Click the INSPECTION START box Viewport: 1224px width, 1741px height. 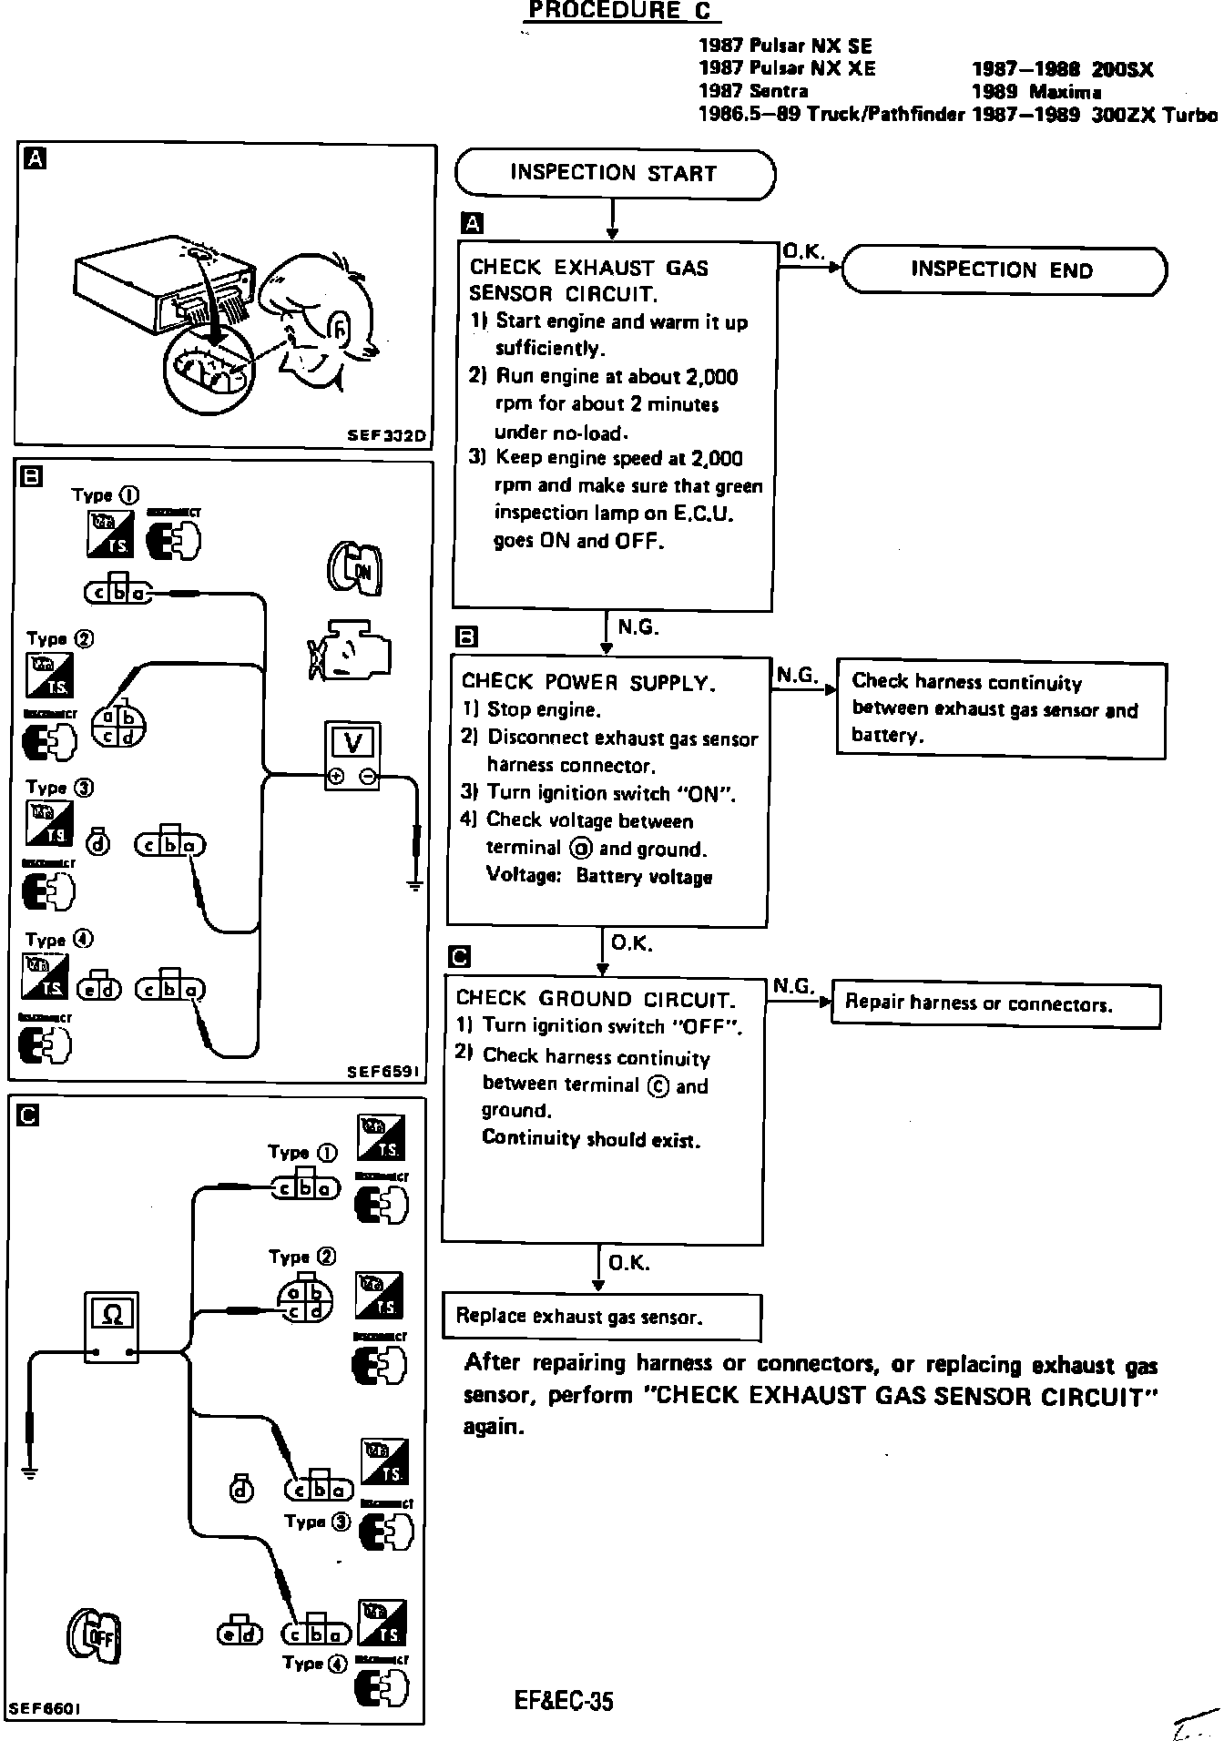pyautogui.click(x=615, y=174)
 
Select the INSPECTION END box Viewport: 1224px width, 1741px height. pyautogui.click(x=1003, y=270)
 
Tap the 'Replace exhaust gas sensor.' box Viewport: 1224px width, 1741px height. pyautogui.click(x=601, y=1316)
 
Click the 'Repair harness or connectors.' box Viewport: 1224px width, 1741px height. pyautogui.click(x=995, y=1004)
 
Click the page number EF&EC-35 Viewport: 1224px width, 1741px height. pyautogui.click(x=563, y=1700)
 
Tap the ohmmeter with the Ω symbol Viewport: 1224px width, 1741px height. pyautogui.click(x=112, y=1327)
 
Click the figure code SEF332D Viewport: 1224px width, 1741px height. pyautogui.click(x=387, y=435)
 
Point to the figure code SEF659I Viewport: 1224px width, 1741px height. pyautogui.click(x=383, y=1073)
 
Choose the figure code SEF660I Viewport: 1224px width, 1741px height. pyautogui.click(x=45, y=1709)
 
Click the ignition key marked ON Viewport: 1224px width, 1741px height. pyautogui.click(x=355, y=568)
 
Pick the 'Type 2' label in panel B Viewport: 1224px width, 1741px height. pyautogui.click(x=60, y=639)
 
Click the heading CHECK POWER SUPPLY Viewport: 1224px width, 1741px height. pyautogui.click(x=588, y=682)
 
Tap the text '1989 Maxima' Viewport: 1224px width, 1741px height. pyautogui.click(x=1035, y=92)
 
